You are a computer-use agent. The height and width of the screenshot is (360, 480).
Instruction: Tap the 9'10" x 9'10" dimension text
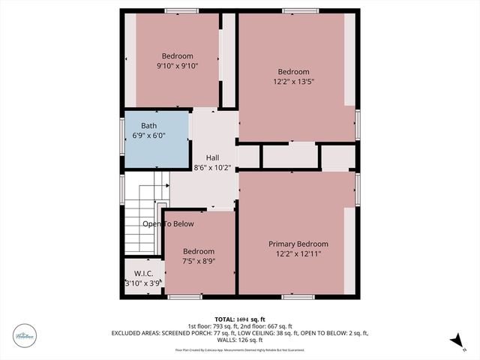(178, 66)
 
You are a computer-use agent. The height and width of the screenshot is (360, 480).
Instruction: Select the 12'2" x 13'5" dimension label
(292, 82)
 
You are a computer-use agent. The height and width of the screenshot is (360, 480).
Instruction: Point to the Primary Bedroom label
(298, 244)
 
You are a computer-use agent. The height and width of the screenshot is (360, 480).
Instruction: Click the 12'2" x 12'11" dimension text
(298, 254)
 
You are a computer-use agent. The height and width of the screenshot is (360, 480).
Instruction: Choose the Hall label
(212, 157)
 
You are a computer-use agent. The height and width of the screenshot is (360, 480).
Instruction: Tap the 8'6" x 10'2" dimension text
(212, 168)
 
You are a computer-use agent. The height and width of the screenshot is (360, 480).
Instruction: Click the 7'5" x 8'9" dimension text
(199, 262)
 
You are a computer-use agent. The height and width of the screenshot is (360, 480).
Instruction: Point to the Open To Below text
(168, 223)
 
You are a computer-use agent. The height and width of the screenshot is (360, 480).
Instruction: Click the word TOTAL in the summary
(224, 319)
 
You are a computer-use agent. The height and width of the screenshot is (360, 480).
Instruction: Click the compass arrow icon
(454, 341)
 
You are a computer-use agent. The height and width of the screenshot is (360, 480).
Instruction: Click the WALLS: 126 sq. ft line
(240, 340)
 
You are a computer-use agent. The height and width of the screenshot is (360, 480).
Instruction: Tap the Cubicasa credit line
(240, 349)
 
